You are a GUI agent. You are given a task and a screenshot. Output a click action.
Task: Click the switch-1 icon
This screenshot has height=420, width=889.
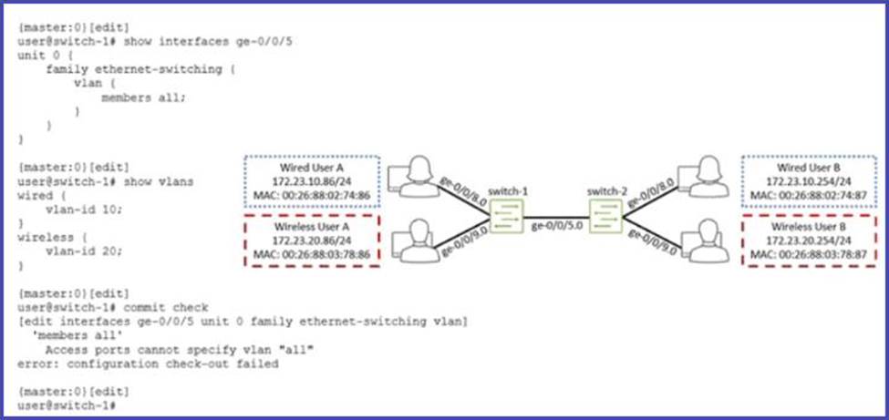[505, 214]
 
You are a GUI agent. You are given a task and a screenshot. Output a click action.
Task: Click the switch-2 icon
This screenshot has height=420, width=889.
[605, 214]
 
